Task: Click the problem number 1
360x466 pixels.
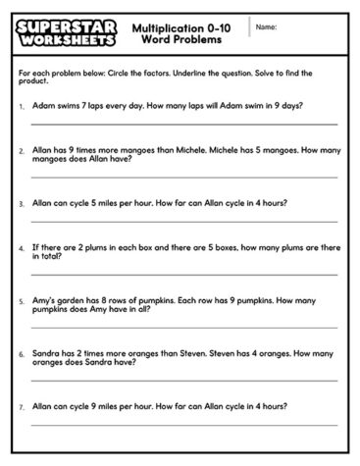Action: pos(22,104)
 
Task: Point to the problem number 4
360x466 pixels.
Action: pos(22,249)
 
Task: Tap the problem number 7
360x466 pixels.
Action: pos(22,403)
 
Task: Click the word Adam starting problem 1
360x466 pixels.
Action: pos(43,103)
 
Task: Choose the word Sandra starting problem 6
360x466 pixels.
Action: pos(46,351)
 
